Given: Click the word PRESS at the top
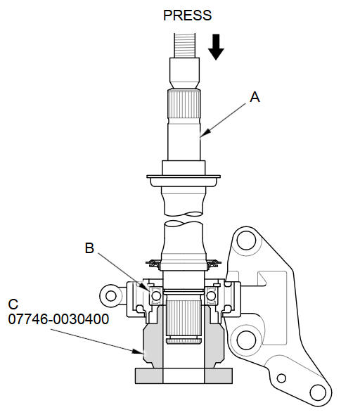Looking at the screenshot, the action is [x=187, y=15].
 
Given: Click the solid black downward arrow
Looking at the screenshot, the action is [x=216, y=47].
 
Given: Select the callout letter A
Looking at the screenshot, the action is [x=255, y=97].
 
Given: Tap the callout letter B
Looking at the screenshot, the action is [x=89, y=248].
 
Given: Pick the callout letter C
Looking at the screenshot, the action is [x=13, y=304].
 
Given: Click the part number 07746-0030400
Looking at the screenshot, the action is [x=58, y=319].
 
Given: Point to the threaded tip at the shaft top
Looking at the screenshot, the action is [x=185, y=45].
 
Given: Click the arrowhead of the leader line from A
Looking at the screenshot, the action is [x=205, y=134].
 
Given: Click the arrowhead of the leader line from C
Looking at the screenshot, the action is [x=138, y=352].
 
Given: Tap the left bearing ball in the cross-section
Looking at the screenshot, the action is [x=156, y=296].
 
